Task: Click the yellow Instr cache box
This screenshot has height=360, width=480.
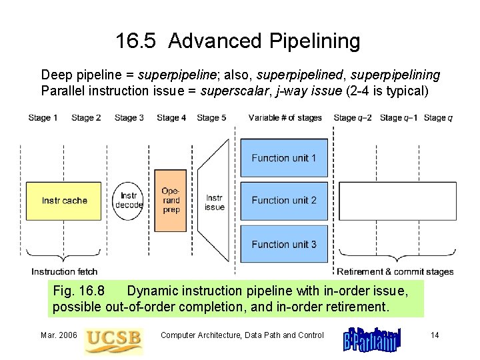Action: pos(64,201)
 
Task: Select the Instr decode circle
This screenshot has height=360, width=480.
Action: pos(129,200)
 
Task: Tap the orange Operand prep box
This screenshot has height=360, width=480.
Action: pos(171,201)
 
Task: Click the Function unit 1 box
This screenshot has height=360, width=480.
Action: pos(284,158)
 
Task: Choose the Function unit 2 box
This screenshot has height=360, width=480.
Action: pos(284,200)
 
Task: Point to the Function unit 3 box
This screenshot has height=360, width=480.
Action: pos(284,244)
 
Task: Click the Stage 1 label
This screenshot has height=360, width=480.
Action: pos(43,118)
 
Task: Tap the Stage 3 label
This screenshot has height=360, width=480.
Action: pos(129,118)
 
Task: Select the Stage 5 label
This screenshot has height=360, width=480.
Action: pos(211,118)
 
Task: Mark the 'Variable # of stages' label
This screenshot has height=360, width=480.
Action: pos(285,118)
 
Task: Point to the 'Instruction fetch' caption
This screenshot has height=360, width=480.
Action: pos(64,271)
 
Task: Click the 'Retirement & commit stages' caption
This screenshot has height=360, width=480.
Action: pos(395,271)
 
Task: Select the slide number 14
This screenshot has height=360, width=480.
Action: pos(434,335)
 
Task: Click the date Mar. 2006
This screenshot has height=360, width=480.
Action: pos(58,335)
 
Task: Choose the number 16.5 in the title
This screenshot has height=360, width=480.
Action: pos(136,41)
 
